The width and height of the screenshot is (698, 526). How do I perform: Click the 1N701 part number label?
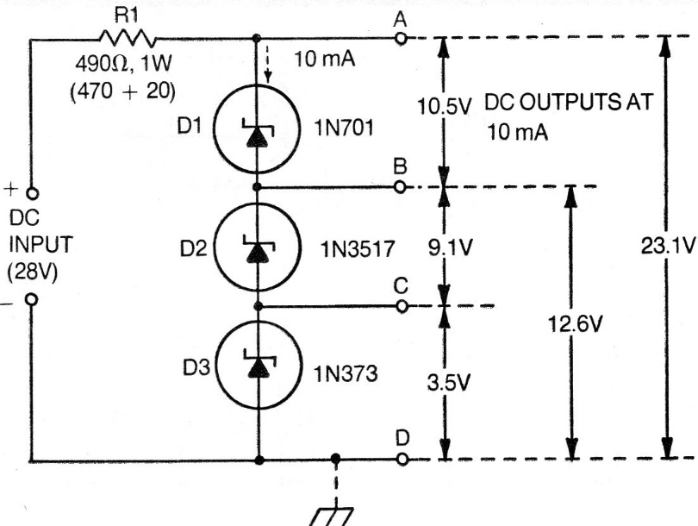[x=344, y=132]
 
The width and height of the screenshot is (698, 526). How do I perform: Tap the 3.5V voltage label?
[x=447, y=382]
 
